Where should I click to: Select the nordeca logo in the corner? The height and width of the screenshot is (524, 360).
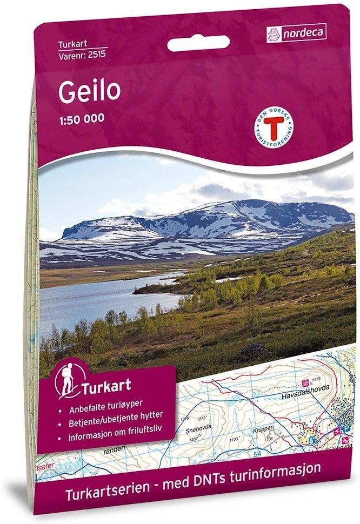[297, 33]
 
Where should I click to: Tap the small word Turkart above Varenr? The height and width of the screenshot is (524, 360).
[72, 43]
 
